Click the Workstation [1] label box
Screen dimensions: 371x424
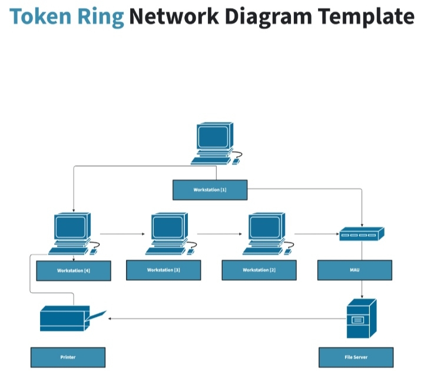pyautogui.click(x=210, y=190)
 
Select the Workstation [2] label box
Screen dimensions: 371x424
pyautogui.click(x=259, y=270)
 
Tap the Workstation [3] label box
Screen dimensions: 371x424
pyautogui.click(x=164, y=270)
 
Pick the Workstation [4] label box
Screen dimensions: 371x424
pyautogui.click(x=74, y=271)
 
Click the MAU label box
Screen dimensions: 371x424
pyautogui.click(x=355, y=270)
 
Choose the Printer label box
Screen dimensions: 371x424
pyautogui.click(x=68, y=357)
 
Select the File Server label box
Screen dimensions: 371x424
pyautogui.click(x=356, y=357)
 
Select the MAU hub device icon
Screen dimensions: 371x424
pyautogui.click(x=361, y=234)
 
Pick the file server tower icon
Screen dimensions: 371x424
pyautogui.click(x=361, y=319)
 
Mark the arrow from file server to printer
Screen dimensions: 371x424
pyautogui.click(x=227, y=319)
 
